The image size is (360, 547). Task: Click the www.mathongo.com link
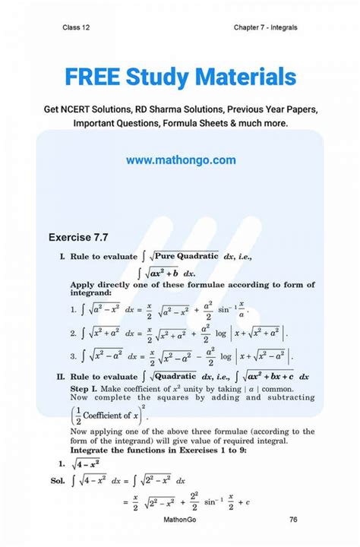click(x=181, y=160)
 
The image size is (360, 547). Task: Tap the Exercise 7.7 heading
click(x=84, y=238)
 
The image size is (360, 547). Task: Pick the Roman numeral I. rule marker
click(x=62, y=258)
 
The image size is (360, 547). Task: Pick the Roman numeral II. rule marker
click(x=61, y=375)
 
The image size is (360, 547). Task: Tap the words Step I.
click(x=83, y=387)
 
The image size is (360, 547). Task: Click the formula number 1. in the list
click(x=73, y=308)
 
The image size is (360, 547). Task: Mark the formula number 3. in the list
click(x=73, y=355)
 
